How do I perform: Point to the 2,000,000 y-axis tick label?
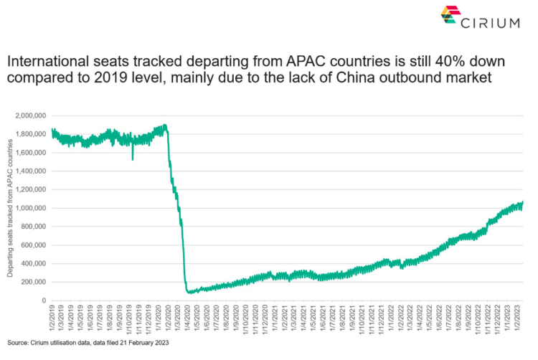pyautogui.click(x=30, y=115)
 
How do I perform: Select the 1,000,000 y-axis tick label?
pyautogui.click(x=30, y=208)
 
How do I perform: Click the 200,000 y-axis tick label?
pyautogui.click(x=33, y=282)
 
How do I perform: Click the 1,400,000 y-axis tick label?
pyautogui.click(x=30, y=171)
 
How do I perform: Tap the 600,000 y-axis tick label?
pyautogui.click(x=33, y=245)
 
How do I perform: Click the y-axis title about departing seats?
pyautogui.click(x=10, y=207)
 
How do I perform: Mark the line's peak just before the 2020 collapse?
pyautogui.click(x=166, y=125)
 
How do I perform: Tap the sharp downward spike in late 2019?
pyautogui.click(x=133, y=158)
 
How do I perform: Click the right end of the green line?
pyautogui.click(x=523, y=202)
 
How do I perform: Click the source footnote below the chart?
pyautogui.click(x=89, y=344)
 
